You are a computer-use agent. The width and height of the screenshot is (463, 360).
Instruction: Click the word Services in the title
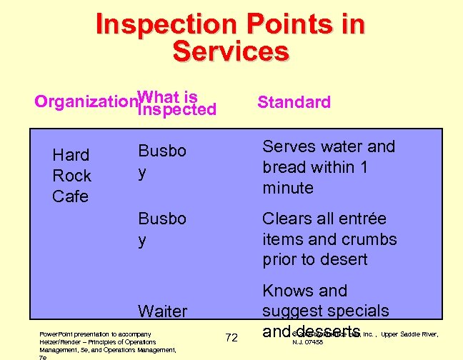pos(231,51)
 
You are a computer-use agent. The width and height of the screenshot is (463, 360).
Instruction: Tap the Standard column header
pos(294,102)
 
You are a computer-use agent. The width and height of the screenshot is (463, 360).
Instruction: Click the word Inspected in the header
pos(176,110)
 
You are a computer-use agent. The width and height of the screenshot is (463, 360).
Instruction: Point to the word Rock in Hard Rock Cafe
pos(71,176)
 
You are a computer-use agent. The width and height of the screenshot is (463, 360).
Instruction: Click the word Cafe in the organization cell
pos(70,196)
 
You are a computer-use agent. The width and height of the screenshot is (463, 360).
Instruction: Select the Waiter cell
pos(162,311)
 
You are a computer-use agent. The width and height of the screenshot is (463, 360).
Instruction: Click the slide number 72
pos(231,337)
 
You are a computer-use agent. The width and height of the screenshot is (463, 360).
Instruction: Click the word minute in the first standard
pos(288,188)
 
